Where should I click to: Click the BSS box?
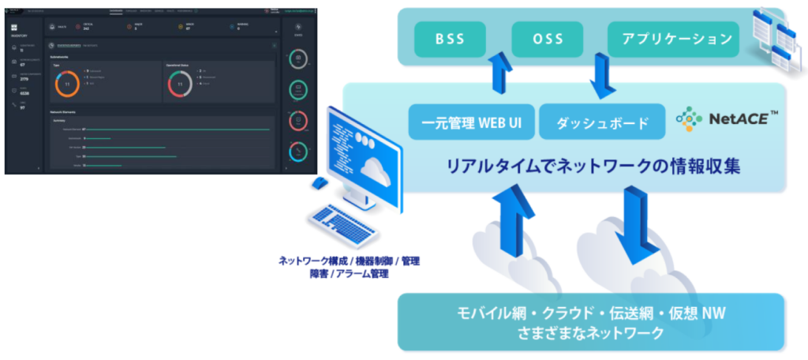point(450,38)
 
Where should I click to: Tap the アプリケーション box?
point(673,38)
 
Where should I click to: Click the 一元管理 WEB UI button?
point(471,123)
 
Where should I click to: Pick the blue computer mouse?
point(319,183)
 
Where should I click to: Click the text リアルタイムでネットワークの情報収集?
point(593,167)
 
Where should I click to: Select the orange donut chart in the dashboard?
point(67,83)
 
